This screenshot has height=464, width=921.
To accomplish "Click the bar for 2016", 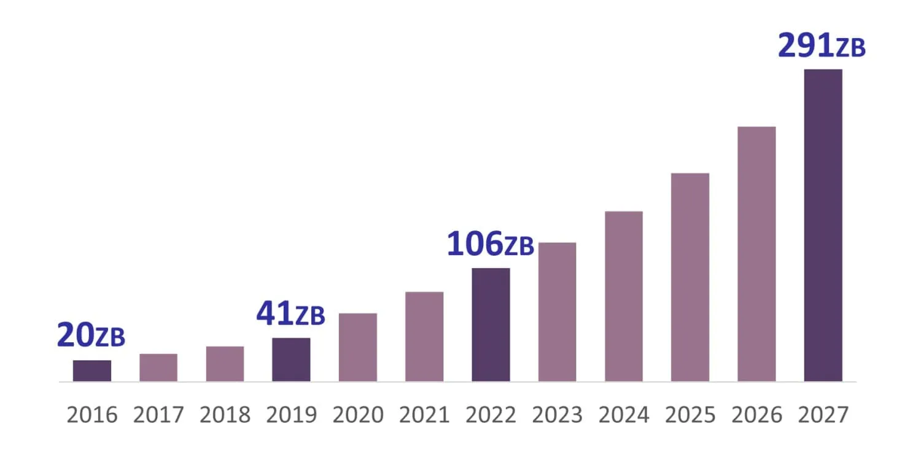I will tap(92, 371).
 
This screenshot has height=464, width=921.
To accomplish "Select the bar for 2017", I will tap(158, 368).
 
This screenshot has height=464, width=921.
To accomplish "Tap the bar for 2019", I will tap(291, 360).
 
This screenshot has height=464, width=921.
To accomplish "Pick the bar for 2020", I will tap(358, 347).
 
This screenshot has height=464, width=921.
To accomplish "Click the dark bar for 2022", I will tap(491, 324).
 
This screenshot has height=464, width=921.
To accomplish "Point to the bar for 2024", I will tap(624, 296).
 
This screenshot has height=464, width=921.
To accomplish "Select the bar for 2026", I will tap(756, 254).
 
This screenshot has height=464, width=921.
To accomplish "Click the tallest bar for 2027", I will tap(823, 225).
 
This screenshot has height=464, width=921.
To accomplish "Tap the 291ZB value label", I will tap(822, 45).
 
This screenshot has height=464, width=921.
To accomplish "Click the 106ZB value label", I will tap(490, 244).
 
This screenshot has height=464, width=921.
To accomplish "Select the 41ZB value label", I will tap(290, 314).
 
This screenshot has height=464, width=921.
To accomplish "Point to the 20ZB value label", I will tap(91, 336).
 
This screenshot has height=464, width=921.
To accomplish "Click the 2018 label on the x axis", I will tap(225, 415).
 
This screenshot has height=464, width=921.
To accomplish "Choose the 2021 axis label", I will tap(424, 415).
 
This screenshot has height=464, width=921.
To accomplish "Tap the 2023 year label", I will tap(557, 415).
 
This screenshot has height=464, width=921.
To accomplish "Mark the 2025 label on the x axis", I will tap(690, 415).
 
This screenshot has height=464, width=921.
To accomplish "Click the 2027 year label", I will tap(823, 415).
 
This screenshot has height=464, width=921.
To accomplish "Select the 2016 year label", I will tap(92, 415).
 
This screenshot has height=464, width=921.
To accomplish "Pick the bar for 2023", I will tap(557, 312).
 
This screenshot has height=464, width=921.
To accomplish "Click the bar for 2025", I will tap(690, 277).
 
